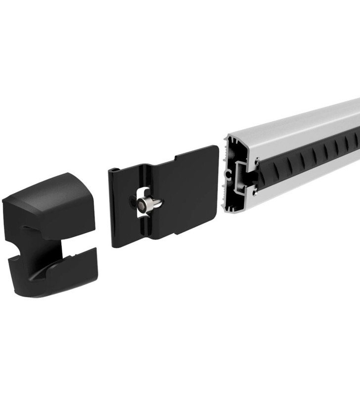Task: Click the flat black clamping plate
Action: point(188,198)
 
